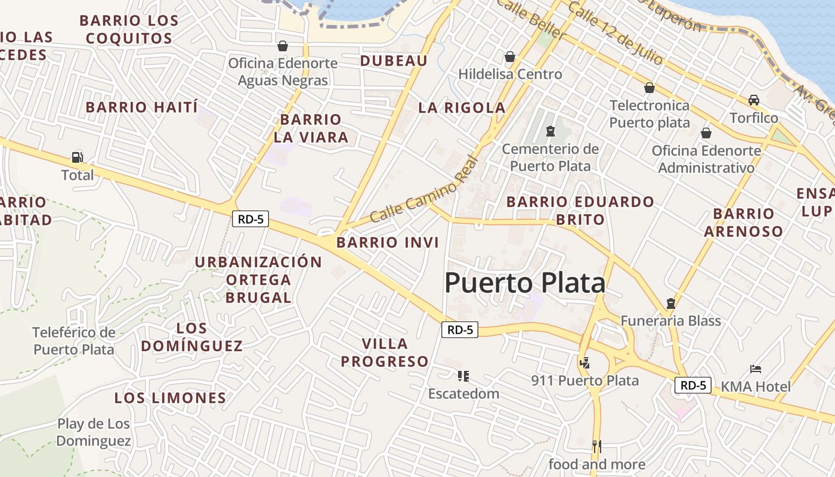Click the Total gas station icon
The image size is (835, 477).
click(77, 157)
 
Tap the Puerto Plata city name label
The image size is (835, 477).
click(525, 283)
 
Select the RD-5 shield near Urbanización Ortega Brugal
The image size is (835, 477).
click(250, 219)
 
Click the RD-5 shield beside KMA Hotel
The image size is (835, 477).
click(693, 385)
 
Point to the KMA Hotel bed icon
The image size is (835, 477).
click(756, 368)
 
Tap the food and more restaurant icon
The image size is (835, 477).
click(596, 446)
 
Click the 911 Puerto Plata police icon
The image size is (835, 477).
click(584, 362)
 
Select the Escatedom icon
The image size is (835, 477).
click(463, 376)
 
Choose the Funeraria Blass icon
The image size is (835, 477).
click(671, 303)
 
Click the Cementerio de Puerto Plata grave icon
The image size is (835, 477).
click(550, 131)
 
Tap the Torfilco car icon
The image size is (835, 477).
click(754, 100)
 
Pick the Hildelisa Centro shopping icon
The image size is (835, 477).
click(510, 57)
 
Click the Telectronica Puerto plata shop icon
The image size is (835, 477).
click(650, 88)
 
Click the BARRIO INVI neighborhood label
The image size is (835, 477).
click(388, 243)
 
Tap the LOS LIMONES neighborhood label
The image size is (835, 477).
click(170, 398)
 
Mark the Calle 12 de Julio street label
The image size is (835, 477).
click(615, 33)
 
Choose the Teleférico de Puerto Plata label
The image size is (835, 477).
click(73, 340)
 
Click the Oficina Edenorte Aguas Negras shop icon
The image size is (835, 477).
click(282, 45)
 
